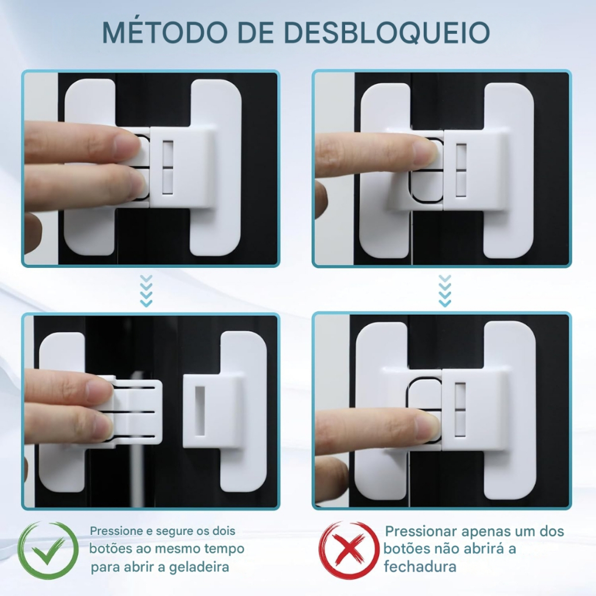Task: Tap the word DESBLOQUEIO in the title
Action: tap(386, 32)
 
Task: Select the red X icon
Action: tap(349, 550)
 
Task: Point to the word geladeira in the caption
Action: tap(199, 567)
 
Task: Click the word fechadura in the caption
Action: tap(420, 566)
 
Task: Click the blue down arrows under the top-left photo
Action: tap(146, 291)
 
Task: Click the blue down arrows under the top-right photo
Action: tap(445, 291)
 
